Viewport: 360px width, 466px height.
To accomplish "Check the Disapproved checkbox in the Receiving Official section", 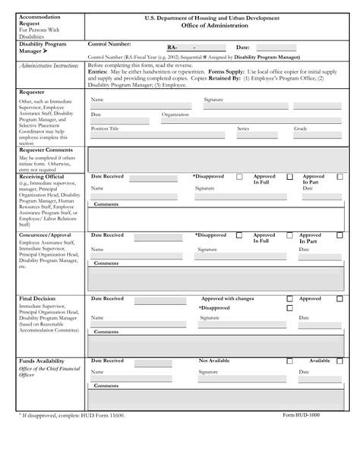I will coord(238,176).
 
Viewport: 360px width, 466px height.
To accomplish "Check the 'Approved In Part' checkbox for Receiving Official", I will coord(339,176).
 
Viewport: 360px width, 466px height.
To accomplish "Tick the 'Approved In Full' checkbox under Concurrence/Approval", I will coord(289,236).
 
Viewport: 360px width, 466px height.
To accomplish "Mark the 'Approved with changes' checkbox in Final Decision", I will coord(289,299).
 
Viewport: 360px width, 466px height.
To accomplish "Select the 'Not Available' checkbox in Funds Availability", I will coord(289,361).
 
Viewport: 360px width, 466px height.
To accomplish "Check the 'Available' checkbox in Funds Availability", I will coord(339,361).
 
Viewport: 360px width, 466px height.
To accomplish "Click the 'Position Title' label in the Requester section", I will coord(105,130).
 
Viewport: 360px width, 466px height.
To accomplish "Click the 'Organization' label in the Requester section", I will coord(175,115).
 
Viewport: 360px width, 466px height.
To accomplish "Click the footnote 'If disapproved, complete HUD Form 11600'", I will coord(72,417).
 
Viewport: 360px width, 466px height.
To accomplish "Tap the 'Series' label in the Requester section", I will coord(243,130).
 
